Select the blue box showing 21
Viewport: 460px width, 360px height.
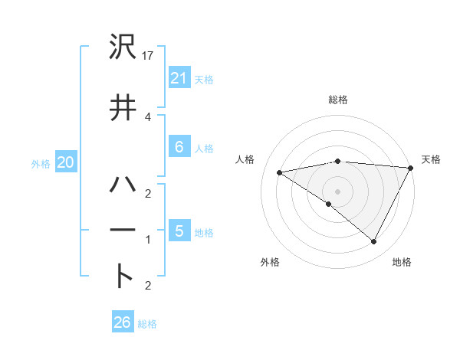[179, 77]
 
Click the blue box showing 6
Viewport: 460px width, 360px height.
[179, 147]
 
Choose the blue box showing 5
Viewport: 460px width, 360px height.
[179, 231]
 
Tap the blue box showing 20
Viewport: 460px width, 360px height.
[65, 162]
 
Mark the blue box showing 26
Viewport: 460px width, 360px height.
[122, 322]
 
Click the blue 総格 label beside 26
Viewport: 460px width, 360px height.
[147, 324]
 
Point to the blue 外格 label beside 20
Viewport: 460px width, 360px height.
[41, 163]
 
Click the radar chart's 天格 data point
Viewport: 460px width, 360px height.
[411, 168]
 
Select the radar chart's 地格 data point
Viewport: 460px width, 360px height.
[373, 242]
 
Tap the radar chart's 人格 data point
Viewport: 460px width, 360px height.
[279, 172]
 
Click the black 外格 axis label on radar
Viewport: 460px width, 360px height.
[270, 263]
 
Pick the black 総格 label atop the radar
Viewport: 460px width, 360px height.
[337, 100]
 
